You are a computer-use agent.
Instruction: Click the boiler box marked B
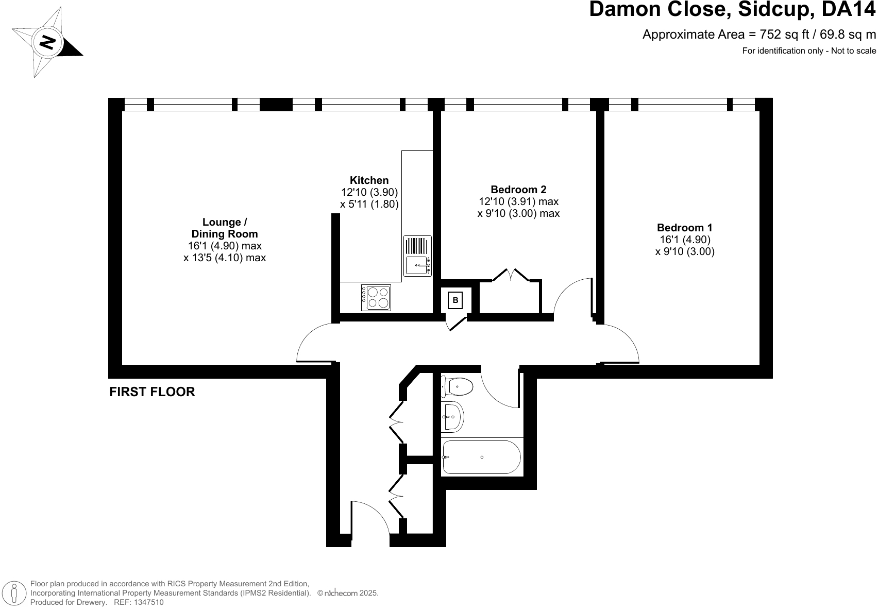pyautogui.click(x=455, y=300)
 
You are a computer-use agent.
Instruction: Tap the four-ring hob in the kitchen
pyautogui.click(x=377, y=298)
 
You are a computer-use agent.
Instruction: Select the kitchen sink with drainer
pyautogui.click(x=417, y=256)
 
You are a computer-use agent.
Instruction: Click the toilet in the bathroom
pyautogui.click(x=458, y=386)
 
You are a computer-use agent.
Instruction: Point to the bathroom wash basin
pyautogui.click(x=453, y=416)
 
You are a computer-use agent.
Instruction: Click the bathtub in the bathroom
pyautogui.click(x=481, y=458)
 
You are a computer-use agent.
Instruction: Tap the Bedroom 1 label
pyautogui.click(x=684, y=227)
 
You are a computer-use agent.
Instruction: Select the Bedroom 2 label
pyautogui.click(x=518, y=189)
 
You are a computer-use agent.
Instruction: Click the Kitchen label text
pyautogui.click(x=369, y=180)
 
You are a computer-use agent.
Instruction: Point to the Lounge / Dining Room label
pyautogui.click(x=224, y=228)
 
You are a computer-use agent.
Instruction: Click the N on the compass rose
pyautogui.click(x=47, y=42)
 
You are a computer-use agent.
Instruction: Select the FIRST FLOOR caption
pyautogui.click(x=152, y=392)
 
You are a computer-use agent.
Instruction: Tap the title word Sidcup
pyautogui.click(x=757, y=9)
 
